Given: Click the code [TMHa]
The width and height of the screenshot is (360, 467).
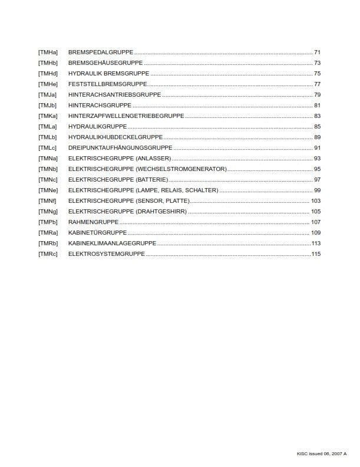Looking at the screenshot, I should pyautogui.click(x=48, y=52).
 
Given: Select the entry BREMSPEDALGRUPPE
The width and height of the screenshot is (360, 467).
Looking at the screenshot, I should pyautogui.click(x=101, y=52).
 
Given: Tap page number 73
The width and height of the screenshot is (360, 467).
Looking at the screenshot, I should pyautogui.click(x=317, y=63).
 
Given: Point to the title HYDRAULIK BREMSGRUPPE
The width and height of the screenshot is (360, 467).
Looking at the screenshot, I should pyautogui.click(x=108, y=74).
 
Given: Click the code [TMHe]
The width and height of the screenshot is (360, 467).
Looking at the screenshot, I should pyautogui.click(x=48, y=84).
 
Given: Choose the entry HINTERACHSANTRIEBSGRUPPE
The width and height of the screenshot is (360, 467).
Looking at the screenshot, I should pyautogui.click(x=114, y=95).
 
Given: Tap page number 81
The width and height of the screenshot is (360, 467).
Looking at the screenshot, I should pyautogui.click(x=317, y=106).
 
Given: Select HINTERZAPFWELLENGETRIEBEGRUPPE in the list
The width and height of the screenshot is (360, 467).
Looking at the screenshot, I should pyautogui.click(x=126, y=116).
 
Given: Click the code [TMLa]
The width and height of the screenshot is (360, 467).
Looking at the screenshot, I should pyautogui.click(x=48, y=127).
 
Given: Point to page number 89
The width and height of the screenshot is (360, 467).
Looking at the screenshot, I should pyautogui.click(x=317, y=137).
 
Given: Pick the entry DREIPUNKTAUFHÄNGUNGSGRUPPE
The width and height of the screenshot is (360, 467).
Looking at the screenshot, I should pyautogui.click(x=120, y=148).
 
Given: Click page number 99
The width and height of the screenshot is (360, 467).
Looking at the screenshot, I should pyautogui.click(x=317, y=190).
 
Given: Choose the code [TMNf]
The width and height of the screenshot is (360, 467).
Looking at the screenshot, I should pyautogui.click(x=47, y=201).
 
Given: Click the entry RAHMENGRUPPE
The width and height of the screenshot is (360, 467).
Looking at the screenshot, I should pyautogui.click(x=94, y=222).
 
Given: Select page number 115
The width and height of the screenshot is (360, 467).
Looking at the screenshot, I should pyautogui.click(x=316, y=254).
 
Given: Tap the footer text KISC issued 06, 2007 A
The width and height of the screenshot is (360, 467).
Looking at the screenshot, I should pyautogui.click(x=322, y=453).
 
